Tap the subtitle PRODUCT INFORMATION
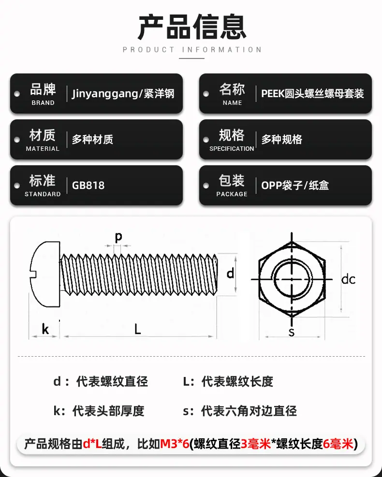tap(192, 50)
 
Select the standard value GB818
tap(88, 185)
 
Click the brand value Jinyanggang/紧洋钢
tap(123, 93)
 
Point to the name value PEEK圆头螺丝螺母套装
tap(312, 93)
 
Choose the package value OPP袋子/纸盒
tap(295, 185)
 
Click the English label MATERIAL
tap(43, 149)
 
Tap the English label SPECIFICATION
tap(232, 149)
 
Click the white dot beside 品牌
tap(17, 94)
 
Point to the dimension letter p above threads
tap(118, 237)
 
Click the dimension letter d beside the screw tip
tap(231, 273)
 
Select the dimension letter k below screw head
tap(45, 329)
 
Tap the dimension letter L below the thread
tap(138, 329)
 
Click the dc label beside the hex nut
tap(348, 279)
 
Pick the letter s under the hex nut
tap(292, 332)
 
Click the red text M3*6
tap(175, 444)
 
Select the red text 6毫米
tap(338, 444)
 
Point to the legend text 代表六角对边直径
tap(249, 411)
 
